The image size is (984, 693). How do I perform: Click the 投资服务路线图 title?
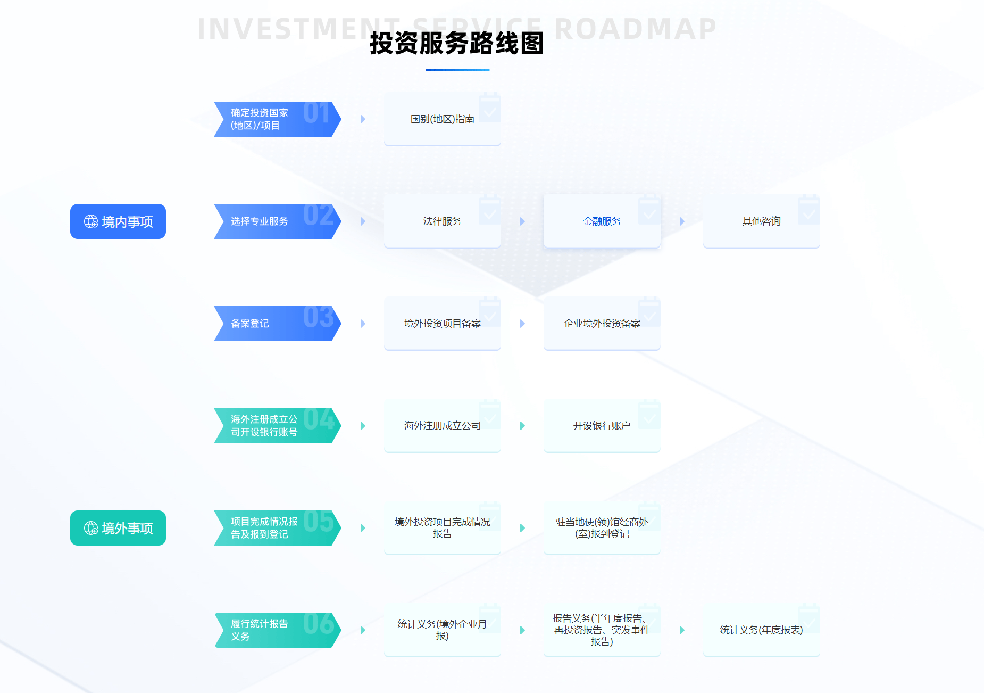[x=456, y=43]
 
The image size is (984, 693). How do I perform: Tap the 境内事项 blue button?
[x=118, y=221]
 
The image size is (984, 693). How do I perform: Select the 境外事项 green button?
[x=118, y=528]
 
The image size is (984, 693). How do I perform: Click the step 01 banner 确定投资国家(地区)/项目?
[x=277, y=119]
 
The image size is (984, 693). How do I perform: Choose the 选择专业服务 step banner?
[x=277, y=221]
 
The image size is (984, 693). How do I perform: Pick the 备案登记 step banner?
[x=277, y=324]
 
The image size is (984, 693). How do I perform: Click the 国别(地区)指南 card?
[x=442, y=119]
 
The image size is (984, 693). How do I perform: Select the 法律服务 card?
[x=442, y=221]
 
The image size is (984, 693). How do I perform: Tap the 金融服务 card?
[x=602, y=221]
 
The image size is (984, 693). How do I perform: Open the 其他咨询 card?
[x=761, y=221]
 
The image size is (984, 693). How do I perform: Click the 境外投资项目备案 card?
[x=442, y=324]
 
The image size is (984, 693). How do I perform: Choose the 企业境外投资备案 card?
[x=602, y=324]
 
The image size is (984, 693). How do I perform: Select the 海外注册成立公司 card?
[x=442, y=426]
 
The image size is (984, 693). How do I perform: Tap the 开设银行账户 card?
[x=602, y=426]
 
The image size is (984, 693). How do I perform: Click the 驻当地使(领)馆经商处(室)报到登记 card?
[x=602, y=528]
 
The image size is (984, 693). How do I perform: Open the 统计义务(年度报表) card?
[x=761, y=630]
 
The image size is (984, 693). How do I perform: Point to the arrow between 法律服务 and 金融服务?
[x=522, y=221]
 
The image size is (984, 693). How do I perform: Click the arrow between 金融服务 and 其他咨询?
[x=682, y=221]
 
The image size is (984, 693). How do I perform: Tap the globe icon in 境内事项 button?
[x=91, y=221]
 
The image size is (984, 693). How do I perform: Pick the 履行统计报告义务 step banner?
[x=277, y=630]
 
